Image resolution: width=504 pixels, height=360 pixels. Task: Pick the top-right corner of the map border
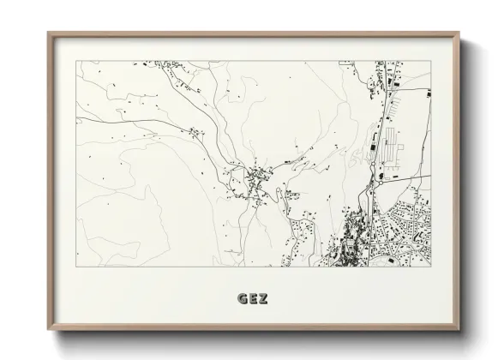[x=429, y=61]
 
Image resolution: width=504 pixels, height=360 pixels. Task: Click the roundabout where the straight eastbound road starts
[x=377, y=182]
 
